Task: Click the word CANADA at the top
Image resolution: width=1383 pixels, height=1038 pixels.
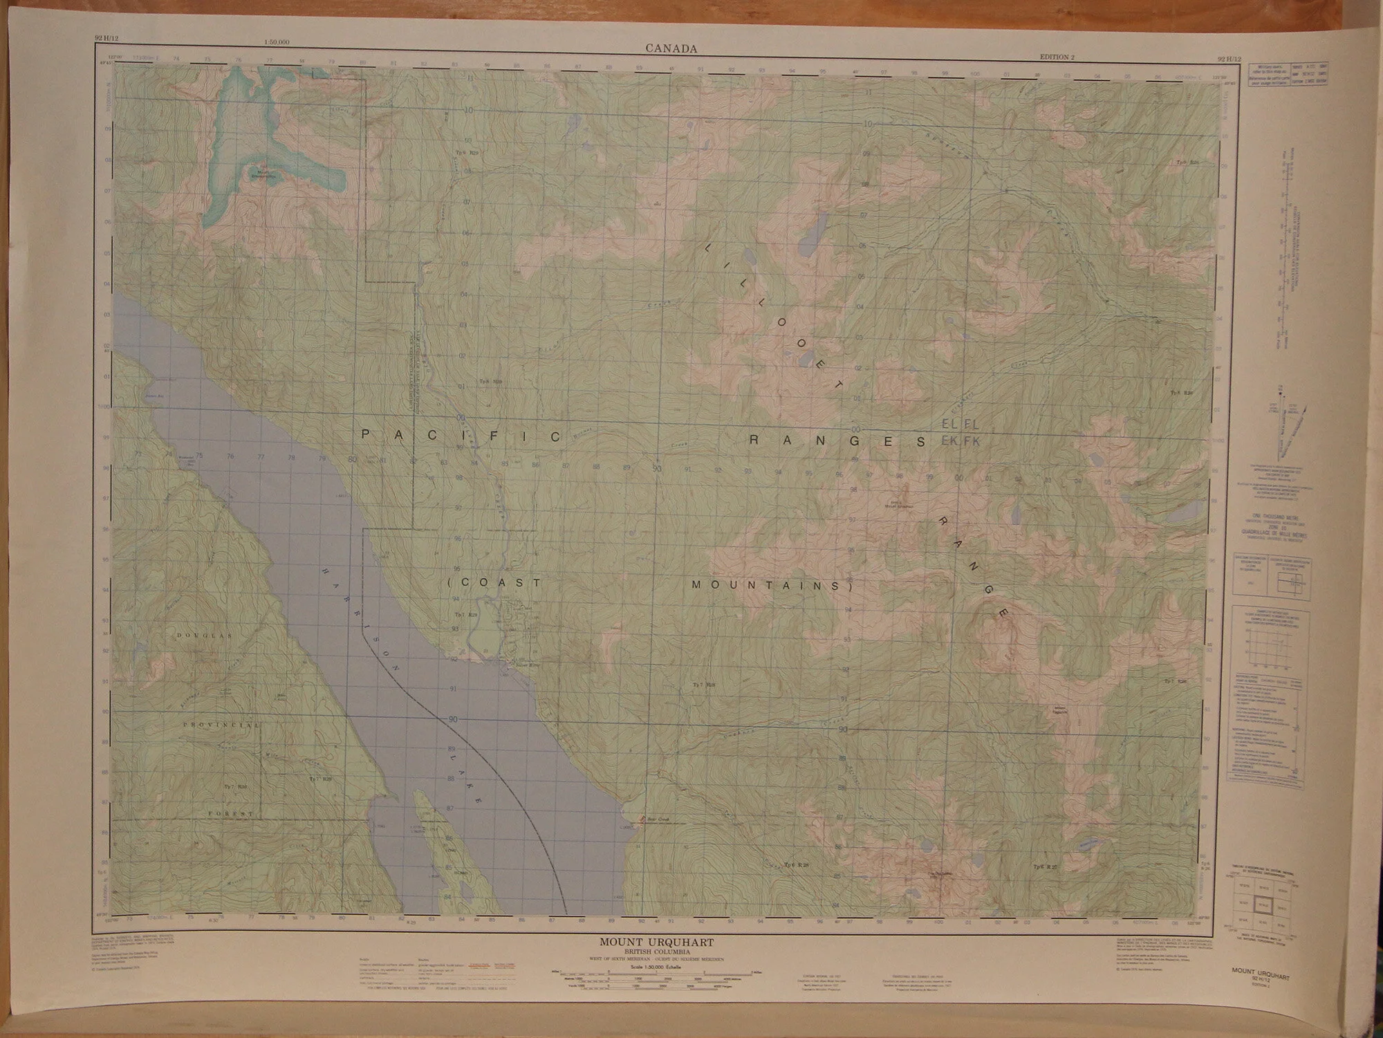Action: click(671, 48)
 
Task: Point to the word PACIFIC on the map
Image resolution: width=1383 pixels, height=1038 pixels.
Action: click(462, 436)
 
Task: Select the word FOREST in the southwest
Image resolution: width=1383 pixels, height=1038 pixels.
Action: click(232, 815)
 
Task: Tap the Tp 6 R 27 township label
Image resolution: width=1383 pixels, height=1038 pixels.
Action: click(1045, 867)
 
